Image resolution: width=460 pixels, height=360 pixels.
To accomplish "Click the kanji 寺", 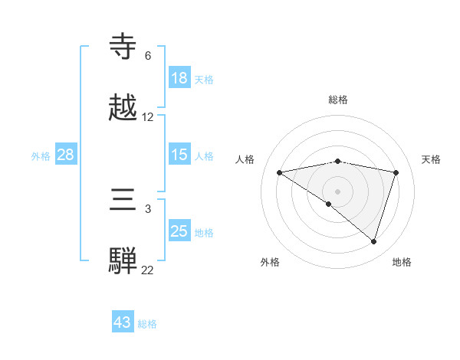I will pos(123,47).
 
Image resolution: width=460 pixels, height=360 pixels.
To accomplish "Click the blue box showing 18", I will pos(179,78).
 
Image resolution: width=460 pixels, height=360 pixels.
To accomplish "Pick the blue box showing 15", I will pos(179,155).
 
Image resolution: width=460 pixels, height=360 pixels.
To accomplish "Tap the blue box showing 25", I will pos(179,231).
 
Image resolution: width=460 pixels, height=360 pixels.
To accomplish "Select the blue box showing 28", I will pos(66,155).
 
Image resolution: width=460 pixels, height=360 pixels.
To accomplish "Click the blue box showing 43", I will pos(123,322).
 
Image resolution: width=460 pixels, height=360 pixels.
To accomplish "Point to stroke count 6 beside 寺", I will pos(148,56).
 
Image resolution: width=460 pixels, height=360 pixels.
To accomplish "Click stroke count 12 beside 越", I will pos(148,117).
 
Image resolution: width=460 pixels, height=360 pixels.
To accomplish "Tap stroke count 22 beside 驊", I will pos(148,270).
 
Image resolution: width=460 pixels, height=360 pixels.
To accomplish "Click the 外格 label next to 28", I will pos(41,155).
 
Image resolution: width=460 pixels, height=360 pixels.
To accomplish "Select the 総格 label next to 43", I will pos(147,324).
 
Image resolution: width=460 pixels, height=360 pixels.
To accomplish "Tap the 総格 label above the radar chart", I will pos(337,100).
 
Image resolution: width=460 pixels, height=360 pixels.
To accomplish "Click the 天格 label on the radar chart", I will pos(432,159).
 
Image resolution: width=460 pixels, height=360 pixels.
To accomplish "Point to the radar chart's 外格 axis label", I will pos(270,262).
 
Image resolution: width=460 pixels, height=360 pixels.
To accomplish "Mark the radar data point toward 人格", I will pos(280,172).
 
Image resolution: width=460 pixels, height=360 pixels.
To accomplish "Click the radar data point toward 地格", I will pos(373,241).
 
